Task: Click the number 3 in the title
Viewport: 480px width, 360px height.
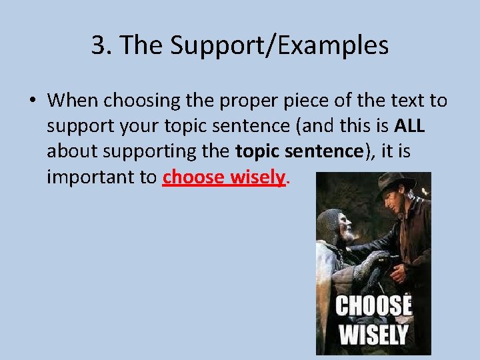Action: point(99,46)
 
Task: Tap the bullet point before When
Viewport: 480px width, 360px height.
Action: point(32,101)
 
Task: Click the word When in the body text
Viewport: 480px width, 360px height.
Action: point(73,101)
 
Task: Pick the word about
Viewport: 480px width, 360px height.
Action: point(71,152)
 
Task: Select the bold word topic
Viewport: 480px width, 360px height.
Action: point(257,152)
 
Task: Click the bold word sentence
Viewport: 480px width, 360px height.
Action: point(321,152)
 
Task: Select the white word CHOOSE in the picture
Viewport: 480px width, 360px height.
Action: point(373,306)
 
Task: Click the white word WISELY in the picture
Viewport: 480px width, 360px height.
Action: point(373,334)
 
